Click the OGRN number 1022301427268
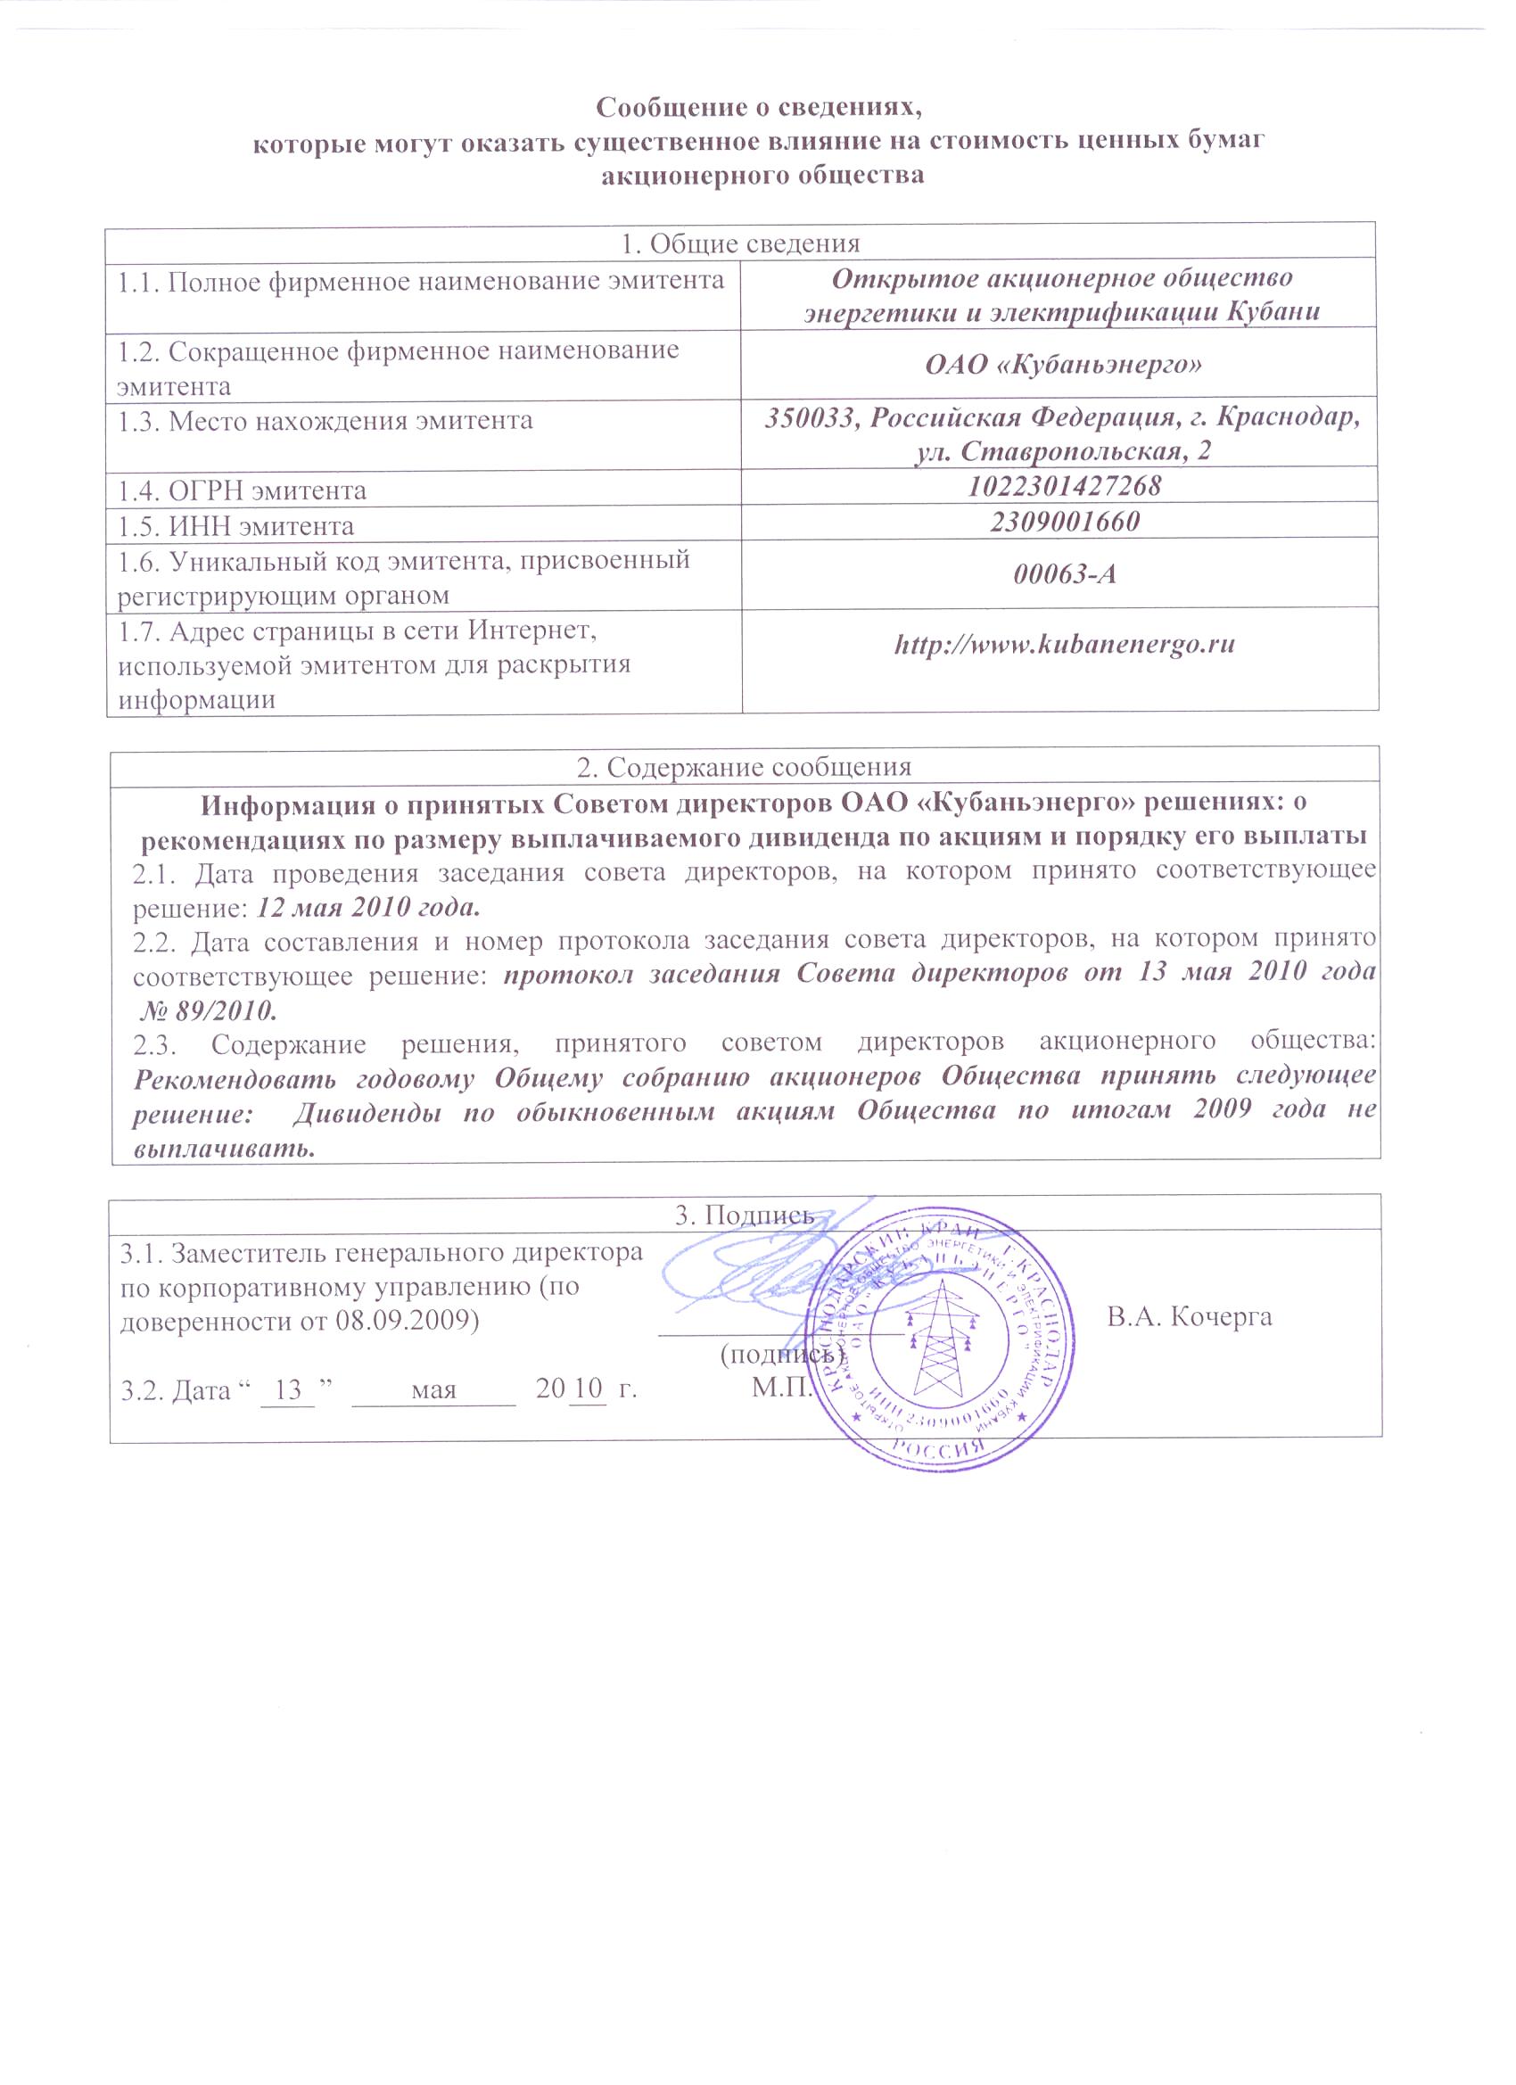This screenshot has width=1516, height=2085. pos(1065,484)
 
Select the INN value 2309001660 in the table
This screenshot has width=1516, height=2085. pos(1065,521)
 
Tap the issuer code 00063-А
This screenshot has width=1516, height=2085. pos(1065,574)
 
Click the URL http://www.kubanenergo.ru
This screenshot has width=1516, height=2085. pos(1065,644)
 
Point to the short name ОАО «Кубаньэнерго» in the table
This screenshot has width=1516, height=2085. pos(1065,365)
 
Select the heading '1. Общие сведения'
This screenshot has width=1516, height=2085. pos(740,243)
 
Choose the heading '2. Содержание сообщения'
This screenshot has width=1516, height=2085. pos(744,767)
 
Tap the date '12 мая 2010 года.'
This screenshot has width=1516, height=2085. pos(368,908)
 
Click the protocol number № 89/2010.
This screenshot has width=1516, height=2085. pos(209,1011)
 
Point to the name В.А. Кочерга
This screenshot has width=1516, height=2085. pos(1189,1317)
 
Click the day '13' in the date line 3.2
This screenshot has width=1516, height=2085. pos(288,1389)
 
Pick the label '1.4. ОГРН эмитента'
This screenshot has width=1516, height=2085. pos(242,490)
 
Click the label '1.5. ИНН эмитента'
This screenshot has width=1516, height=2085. pos(235,527)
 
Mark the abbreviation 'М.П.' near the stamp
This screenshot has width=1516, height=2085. pos(781,1388)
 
